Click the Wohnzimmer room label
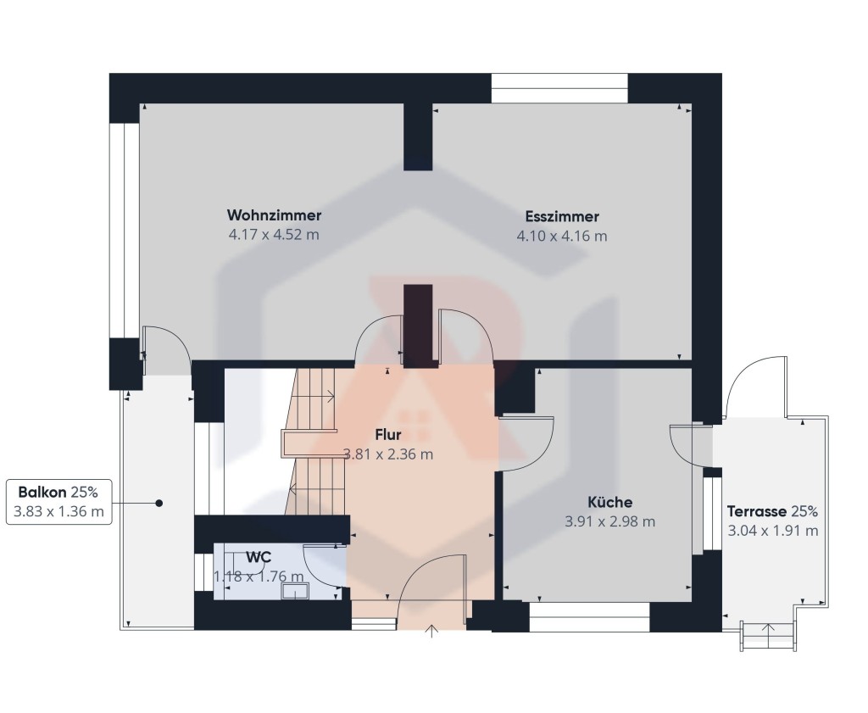pos(274,214)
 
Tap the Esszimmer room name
pos(562,216)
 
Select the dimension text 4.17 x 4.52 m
pos(274,234)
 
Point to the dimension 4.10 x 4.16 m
pos(562,236)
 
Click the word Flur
pos(388,435)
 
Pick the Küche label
pos(610,502)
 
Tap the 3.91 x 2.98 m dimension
pos(610,521)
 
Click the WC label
pos(259,557)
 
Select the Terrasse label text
pos(757,511)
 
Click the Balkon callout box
pos(59,502)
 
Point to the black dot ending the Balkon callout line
pos(159,504)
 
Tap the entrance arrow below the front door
pos(431,631)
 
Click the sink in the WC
pos(293,591)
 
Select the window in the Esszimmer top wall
pos(559,88)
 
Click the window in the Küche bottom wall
pos(589,616)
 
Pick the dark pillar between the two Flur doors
pos(418,326)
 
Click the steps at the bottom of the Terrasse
pos(768,636)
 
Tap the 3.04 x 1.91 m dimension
pos(773,531)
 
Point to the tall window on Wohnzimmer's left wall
pos(124,231)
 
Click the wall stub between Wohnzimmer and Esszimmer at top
pos(418,136)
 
